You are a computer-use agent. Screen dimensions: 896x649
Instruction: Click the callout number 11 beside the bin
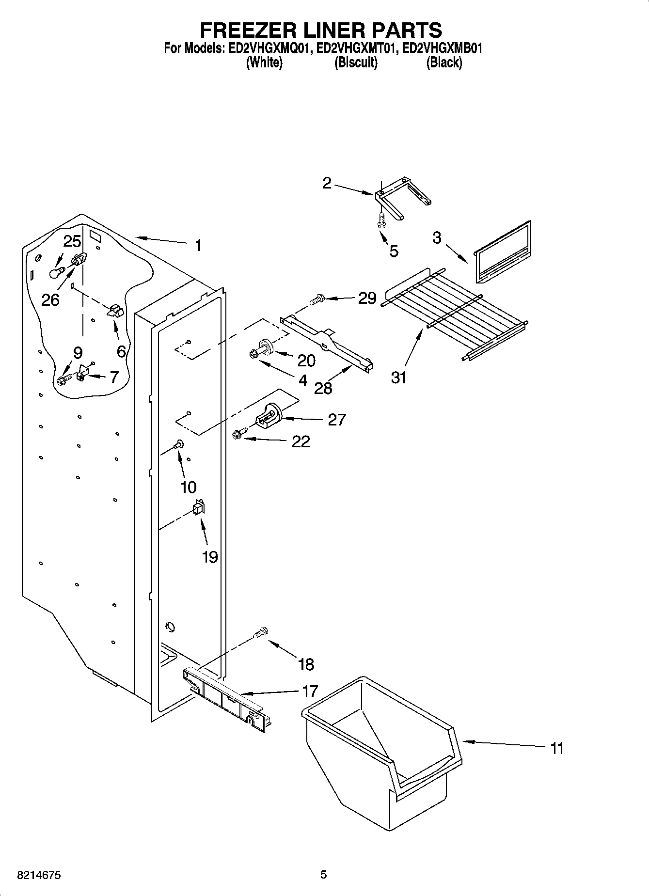pos(557,749)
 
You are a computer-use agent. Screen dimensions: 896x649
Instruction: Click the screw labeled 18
pos(261,633)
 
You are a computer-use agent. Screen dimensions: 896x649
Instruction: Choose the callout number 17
pos(310,691)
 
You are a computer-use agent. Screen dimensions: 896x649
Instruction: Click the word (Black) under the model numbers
pos(443,63)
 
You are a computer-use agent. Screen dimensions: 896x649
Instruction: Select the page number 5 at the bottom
pos(323,875)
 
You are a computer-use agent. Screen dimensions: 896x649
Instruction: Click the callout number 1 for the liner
pos(198,246)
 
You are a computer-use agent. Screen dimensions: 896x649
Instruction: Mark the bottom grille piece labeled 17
pos(225,698)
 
